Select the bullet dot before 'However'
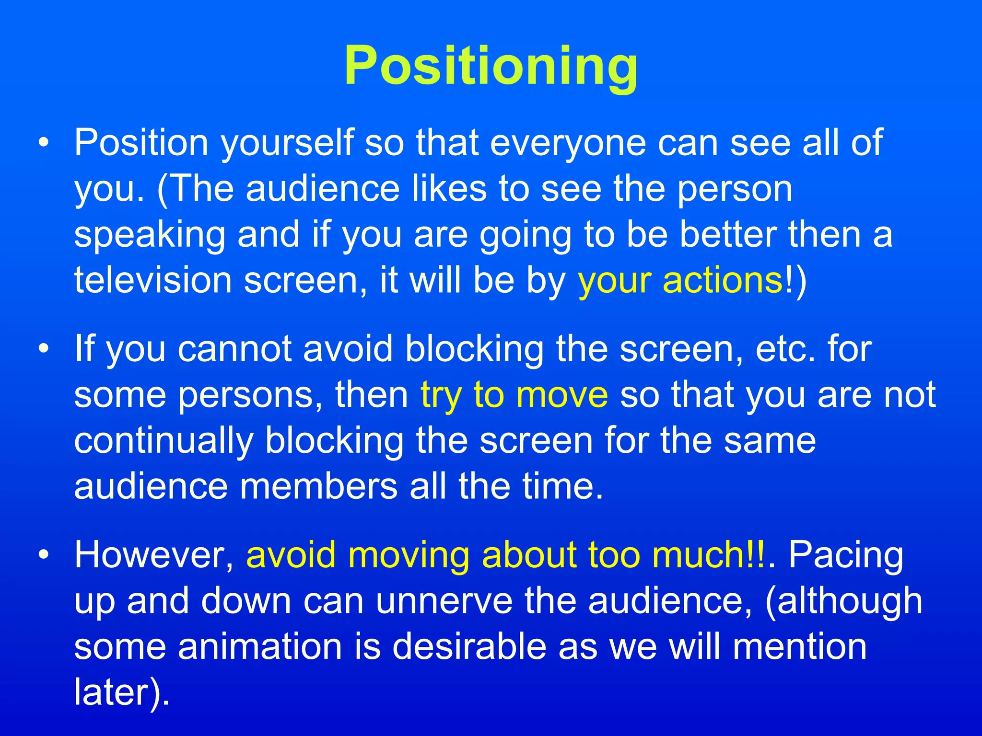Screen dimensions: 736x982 tap(44, 555)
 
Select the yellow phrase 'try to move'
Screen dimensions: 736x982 tap(514, 395)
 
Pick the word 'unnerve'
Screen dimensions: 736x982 tap(444, 601)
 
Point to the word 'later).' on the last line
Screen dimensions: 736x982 tap(122, 693)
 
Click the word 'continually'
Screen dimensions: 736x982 tap(164, 441)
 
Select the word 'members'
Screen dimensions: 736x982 tap(318, 487)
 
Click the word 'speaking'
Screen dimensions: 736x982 tap(150, 235)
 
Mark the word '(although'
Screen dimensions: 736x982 tap(844, 601)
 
